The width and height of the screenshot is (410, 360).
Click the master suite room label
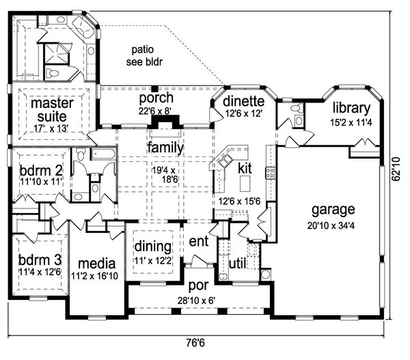point(52,110)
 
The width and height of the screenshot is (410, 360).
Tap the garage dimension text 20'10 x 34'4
point(331,225)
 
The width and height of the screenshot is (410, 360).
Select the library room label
point(351,108)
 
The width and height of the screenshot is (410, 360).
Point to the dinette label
point(244,101)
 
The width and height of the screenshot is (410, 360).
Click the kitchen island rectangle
point(245,184)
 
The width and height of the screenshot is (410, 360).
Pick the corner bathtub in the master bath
point(83,27)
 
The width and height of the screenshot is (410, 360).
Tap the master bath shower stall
point(57,54)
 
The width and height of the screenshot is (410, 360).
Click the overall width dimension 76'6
point(195,343)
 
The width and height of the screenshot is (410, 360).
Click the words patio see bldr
point(144,56)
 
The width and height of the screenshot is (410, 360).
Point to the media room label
point(97,264)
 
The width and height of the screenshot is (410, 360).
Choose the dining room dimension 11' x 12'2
point(153,261)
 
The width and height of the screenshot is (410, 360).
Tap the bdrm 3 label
point(40,260)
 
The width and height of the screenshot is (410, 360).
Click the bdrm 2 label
point(41,171)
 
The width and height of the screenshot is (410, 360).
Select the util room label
point(237,264)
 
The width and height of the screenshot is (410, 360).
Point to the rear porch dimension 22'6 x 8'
point(155,111)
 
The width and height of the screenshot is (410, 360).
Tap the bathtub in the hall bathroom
point(103,154)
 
